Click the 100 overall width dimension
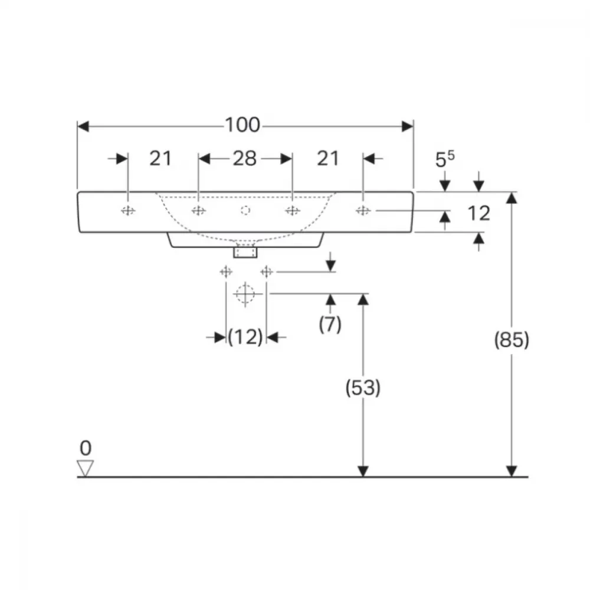point(242,125)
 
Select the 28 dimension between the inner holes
point(245,158)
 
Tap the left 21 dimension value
point(160,158)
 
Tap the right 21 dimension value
point(328,158)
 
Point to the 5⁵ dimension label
point(445,159)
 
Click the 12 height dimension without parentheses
point(478,214)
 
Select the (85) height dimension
point(512,340)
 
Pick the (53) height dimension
point(363,388)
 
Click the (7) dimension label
point(330,324)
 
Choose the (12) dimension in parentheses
point(245,337)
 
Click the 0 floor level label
point(86,448)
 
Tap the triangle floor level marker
point(86,468)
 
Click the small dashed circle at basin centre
point(245,211)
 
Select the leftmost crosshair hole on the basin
point(128,211)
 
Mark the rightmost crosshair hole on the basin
point(363,211)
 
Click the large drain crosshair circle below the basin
point(245,293)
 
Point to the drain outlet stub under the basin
point(245,251)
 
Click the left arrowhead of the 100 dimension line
point(83,126)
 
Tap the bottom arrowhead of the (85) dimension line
point(512,471)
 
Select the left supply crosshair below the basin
point(226,271)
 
